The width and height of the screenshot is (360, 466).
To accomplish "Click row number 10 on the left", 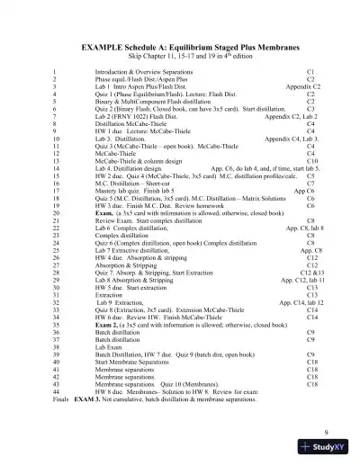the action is coord(57,139).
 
